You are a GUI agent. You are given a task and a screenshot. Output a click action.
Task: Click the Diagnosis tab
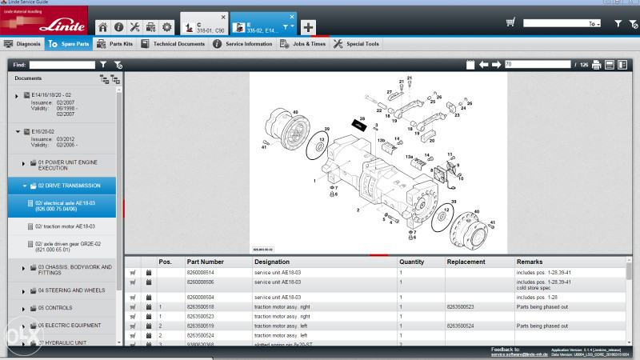pyautogui.click(x=23, y=44)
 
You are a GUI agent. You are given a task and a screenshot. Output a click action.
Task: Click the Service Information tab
pyautogui.click(x=243, y=44)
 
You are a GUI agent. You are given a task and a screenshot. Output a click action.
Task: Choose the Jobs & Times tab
pyautogui.click(x=303, y=44)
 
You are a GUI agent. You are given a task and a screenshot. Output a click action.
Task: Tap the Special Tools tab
pyautogui.click(x=357, y=44)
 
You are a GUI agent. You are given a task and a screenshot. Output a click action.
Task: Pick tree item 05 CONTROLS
pyautogui.click(x=55, y=307)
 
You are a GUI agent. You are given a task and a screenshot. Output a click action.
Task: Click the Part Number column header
pyautogui.click(x=205, y=262)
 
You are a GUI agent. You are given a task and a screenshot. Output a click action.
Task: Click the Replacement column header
pyautogui.click(x=466, y=262)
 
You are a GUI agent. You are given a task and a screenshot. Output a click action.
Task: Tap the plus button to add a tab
pyautogui.click(x=309, y=26)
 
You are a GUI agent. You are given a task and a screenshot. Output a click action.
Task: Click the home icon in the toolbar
pyautogui.click(x=102, y=26)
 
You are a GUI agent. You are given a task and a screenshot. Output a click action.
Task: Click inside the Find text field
pyautogui.click(x=62, y=64)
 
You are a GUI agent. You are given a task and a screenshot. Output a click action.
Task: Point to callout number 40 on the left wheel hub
pyautogui.click(x=295, y=111)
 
